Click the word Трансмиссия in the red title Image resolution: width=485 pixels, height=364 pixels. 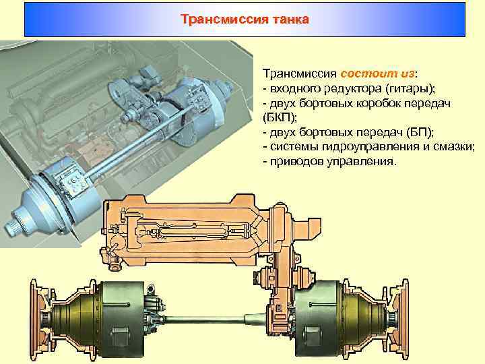coord(224,19)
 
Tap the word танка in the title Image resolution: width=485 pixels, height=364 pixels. coord(291,20)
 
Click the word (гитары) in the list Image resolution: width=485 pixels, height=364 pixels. coord(410,89)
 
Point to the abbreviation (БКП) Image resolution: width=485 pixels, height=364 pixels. coord(280,117)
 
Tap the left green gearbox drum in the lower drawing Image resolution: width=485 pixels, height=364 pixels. coord(123,319)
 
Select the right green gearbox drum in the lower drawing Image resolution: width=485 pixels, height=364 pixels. coord(317,319)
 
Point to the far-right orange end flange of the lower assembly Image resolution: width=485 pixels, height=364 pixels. coord(404,319)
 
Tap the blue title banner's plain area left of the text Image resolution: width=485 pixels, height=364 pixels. coord(102,20)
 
